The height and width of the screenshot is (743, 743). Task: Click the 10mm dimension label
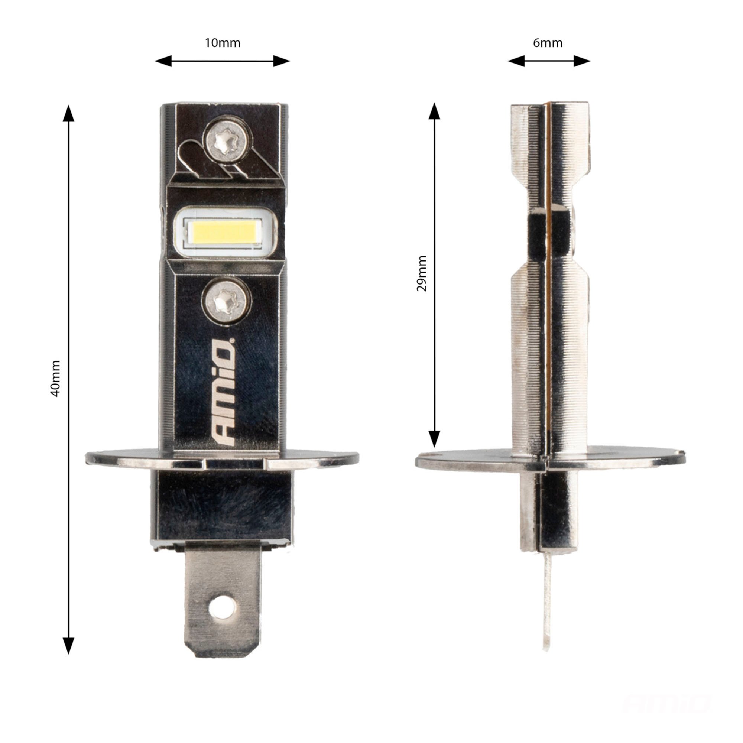coord(222,43)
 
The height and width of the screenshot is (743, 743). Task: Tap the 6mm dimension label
coord(548,43)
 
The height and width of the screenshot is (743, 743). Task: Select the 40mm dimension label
coord(56,379)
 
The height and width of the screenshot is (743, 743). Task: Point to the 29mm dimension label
coord(422,273)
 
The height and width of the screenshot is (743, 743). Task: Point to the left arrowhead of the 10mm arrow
coord(163,61)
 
